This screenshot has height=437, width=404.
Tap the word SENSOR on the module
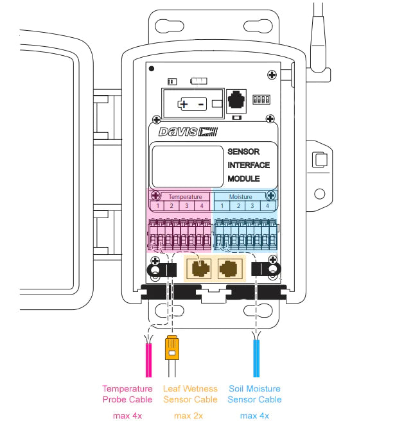click(x=243, y=152)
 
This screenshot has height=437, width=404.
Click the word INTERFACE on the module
click(x=249, y=165)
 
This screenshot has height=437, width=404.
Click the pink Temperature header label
click(x=185, y=196)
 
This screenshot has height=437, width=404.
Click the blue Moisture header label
click(x=242, y=196)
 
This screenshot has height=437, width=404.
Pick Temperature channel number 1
click(x=156, y=206)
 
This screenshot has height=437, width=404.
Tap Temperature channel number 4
click(x=201, y=206)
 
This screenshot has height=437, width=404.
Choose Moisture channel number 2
click(x=238, y=206)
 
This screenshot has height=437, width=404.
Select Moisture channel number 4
click(x=268, y=206)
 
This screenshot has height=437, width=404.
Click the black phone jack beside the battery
click(x=238, y=101)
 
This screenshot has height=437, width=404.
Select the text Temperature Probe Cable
click(x=127, y=394)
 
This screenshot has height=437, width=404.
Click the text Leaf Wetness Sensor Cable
click(x=190, y=394)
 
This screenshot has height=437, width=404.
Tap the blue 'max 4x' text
click(x=254, y=416)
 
